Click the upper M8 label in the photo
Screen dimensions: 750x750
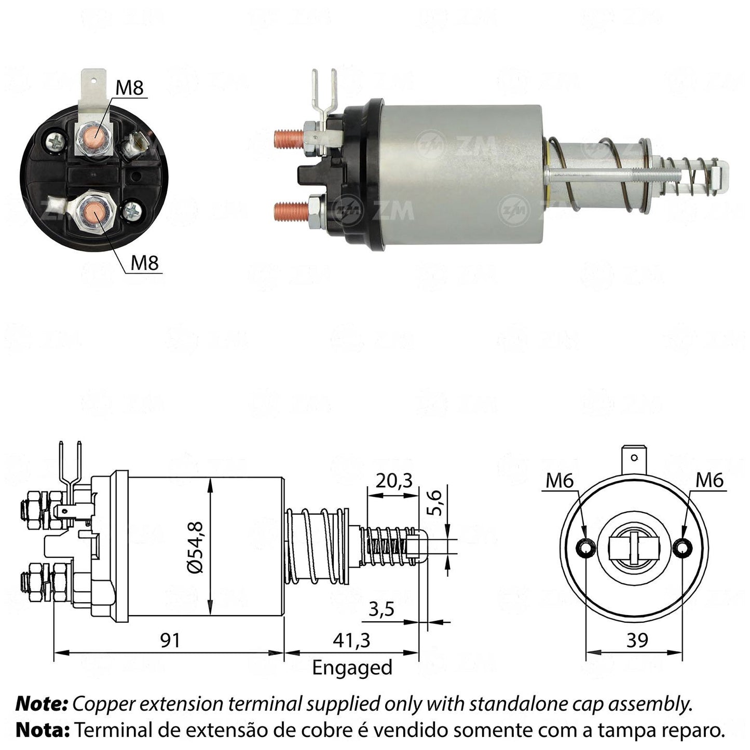(130, 88)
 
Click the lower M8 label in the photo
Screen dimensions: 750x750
(145, 263)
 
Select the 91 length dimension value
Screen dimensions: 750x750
(170, 640)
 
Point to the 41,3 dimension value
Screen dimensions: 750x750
(351, 640)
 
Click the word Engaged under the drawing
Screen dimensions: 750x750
(352, 667)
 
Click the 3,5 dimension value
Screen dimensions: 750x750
(382, 609)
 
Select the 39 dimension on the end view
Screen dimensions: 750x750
(637, 640)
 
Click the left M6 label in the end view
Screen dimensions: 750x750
(560, 481)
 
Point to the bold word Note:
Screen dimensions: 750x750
(42, 704)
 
